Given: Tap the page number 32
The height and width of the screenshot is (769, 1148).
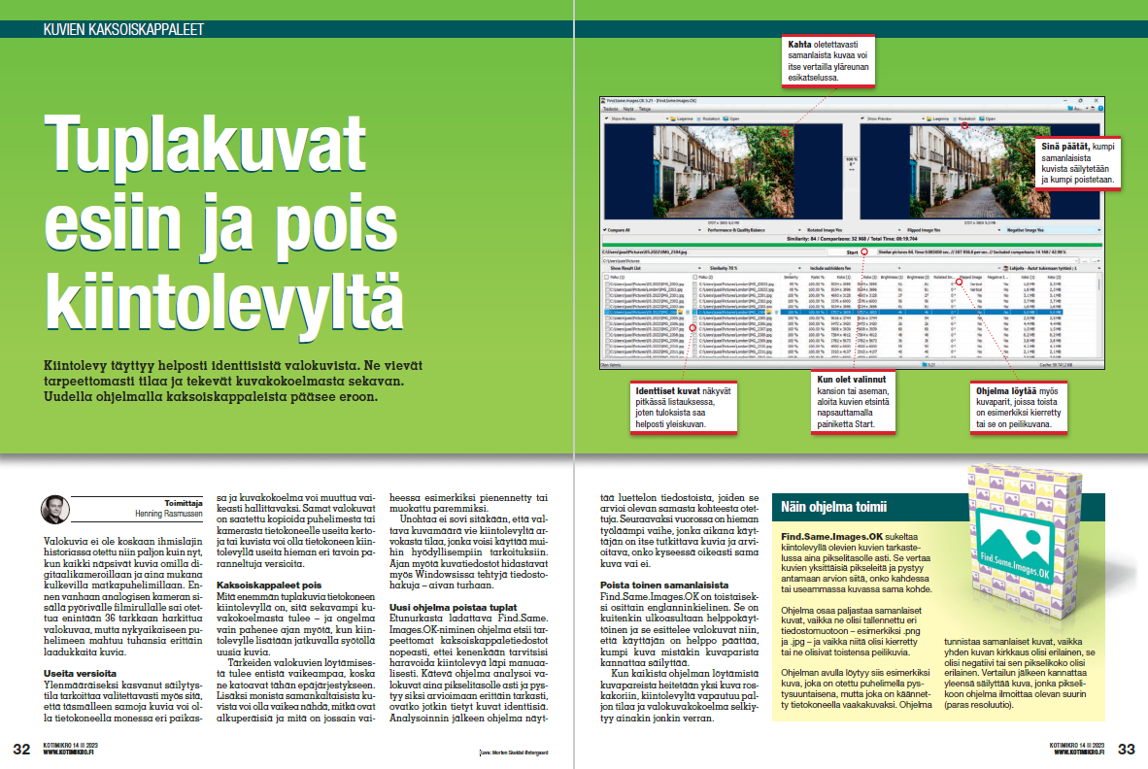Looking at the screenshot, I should (x=20, y=749).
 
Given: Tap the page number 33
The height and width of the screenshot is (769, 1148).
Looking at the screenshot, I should (x=1127, y=749).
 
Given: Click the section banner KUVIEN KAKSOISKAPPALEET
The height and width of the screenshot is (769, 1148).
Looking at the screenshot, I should (x=123, y=29).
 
